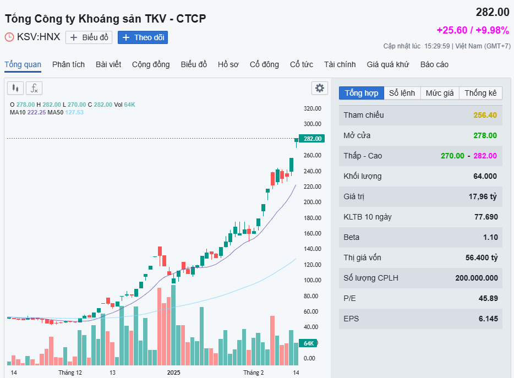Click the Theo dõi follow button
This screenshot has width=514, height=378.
[x=143, y=37]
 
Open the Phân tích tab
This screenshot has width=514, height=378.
[x=68, y=64]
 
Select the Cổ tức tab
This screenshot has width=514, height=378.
[x=302, y=64]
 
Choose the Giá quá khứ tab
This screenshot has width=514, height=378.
[x=388, y=64]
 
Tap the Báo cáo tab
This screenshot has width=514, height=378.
[x=434, y=64]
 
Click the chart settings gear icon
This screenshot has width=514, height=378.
[x=319, y=88]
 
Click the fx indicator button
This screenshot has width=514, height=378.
[x=34, y=88]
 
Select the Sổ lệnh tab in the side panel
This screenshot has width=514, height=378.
[x=402, y=93]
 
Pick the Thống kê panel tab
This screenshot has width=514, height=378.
[x=480, y=93]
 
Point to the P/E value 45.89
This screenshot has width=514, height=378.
[x=488, y=298]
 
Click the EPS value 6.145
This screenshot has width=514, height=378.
[x=488, y=319]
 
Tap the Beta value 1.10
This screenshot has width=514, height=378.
[x=490, y=237]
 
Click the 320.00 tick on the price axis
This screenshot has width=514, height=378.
[x=312, y=108]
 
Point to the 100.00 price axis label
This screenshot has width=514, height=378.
[x=312, y=280]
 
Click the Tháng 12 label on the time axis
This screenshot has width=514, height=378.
[x=70, y=372]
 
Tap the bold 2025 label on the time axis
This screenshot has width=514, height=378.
[x=174, y=372]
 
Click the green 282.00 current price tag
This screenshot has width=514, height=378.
[x=311, y=139]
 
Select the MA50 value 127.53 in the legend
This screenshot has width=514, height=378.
[x=74, y=112]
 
